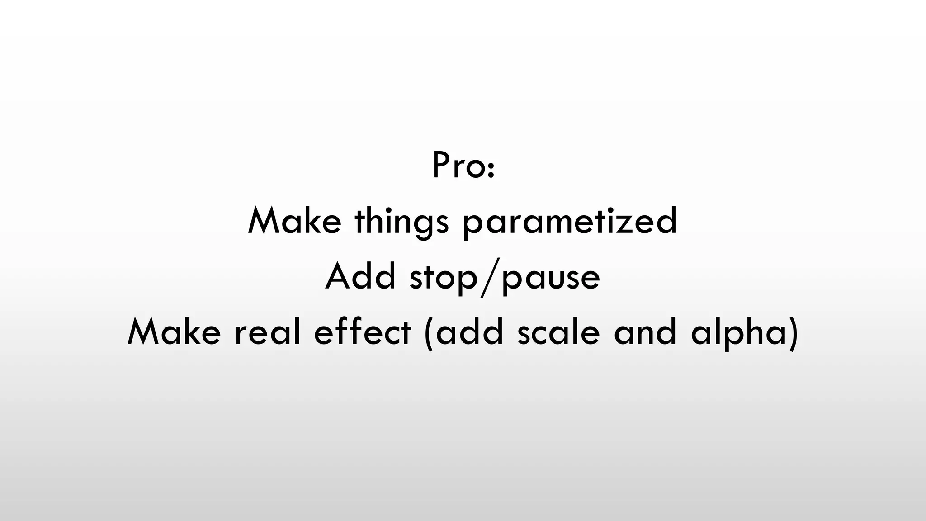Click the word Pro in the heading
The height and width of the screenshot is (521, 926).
point(457,166)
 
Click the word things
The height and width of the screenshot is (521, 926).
point(402,222)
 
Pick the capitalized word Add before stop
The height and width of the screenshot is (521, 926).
point(360,276)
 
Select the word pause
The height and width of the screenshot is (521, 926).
point(551,278)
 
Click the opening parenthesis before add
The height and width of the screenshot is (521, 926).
point(429,334)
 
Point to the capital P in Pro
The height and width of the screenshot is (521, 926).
point(441,166)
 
